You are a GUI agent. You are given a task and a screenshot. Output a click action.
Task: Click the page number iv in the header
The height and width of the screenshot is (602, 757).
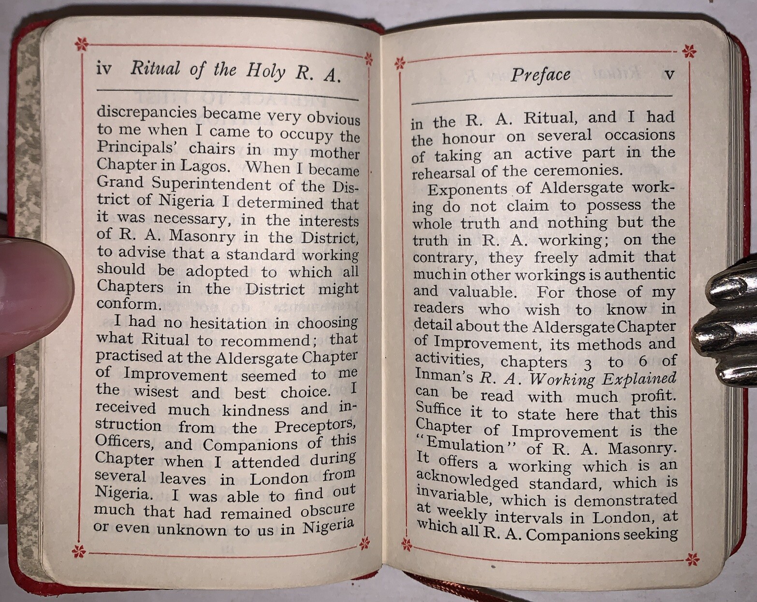pos(104,69)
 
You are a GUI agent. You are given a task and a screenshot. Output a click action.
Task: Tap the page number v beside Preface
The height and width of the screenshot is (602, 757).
pos(670,74)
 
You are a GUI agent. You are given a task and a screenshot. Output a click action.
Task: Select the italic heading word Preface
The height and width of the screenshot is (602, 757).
pos(540,75)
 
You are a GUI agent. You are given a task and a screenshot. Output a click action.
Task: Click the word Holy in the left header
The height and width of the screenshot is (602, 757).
pos(265,71)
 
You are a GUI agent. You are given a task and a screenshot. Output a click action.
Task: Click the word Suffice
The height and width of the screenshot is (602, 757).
pos(438,410)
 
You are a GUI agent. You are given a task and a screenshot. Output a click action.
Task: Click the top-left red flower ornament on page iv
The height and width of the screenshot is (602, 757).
pos(82,45)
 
